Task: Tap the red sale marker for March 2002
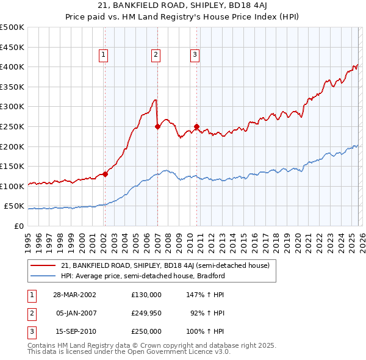tap(105, 174)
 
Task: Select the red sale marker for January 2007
tap(157, 127)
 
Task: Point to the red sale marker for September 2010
tap(197, 127)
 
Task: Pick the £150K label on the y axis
tap(12, 166)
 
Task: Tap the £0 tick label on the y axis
tap(18, 226)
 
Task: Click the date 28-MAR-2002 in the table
tap(74, 295)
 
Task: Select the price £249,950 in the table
tap(146, 313)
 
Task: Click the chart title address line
tap(183, 6)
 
